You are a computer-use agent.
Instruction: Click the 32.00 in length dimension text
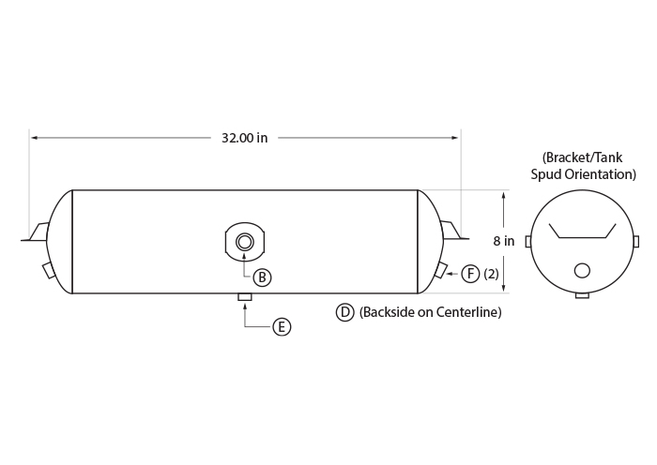[x=244, y=138]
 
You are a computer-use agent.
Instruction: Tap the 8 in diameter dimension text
[x=504, y=241]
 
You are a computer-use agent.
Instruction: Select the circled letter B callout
[x=262, y=277]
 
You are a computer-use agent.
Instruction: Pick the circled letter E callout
[x=282, y=327]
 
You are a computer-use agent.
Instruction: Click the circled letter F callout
[x=470, y=274]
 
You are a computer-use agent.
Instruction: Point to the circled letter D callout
[x=344, y=312]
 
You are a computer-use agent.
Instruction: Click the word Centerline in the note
[x=469, y=312]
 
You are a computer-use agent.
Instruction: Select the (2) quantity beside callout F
[x=491, y=274]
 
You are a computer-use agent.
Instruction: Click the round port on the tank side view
[x=245, y=242]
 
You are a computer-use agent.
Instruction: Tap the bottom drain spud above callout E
[x=245, y=297]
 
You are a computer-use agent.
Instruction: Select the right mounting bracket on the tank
[x=454, y=231]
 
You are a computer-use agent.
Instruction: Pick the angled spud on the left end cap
[x=49, y=270]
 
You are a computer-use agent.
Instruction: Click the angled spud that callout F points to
[x=441, y=269]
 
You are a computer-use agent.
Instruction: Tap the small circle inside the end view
[x=582, y=271]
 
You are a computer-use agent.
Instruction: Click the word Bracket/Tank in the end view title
[x=583, y=157]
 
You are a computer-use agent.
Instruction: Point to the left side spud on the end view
[x=527, y=242]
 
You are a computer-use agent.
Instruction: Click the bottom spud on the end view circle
[x=583, y=295]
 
